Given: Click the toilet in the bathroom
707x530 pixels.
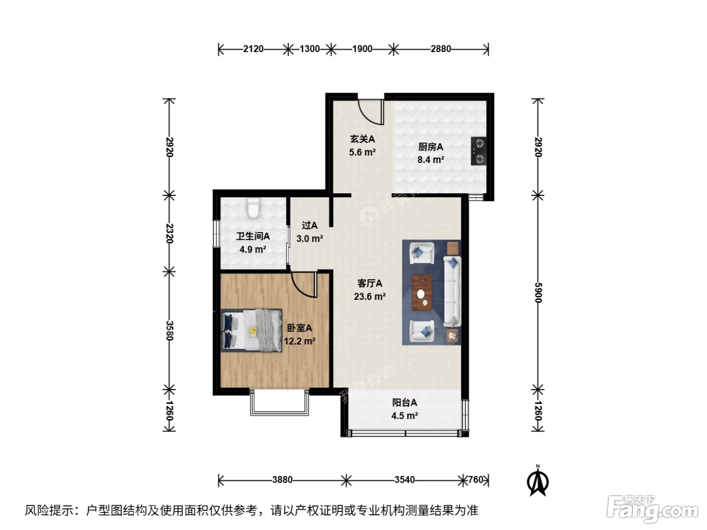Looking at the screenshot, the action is (x=253, y=208).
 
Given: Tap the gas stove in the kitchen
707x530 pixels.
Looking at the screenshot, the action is (x=478, y=151).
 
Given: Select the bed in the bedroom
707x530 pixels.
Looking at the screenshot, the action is (x=251, y=330).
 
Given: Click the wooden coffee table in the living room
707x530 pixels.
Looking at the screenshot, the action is (x=423, y=293).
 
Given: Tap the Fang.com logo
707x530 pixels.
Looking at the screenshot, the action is (x=652, y=509).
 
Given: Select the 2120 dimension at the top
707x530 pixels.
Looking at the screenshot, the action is (x=253, y=49).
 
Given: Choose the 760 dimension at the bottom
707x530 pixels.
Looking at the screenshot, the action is (x=476, y=480).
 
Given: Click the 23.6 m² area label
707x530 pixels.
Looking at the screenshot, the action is (x=370, y=296).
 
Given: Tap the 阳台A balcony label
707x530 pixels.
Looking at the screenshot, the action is (x=405, y=402).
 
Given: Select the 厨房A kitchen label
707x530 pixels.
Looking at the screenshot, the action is (x=431, y=147).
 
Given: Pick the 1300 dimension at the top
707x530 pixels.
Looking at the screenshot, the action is (x=310, y=49).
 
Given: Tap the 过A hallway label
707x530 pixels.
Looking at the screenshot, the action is (x=310, y=225).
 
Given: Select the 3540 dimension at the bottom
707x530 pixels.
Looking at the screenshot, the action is (x=405, y=480).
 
